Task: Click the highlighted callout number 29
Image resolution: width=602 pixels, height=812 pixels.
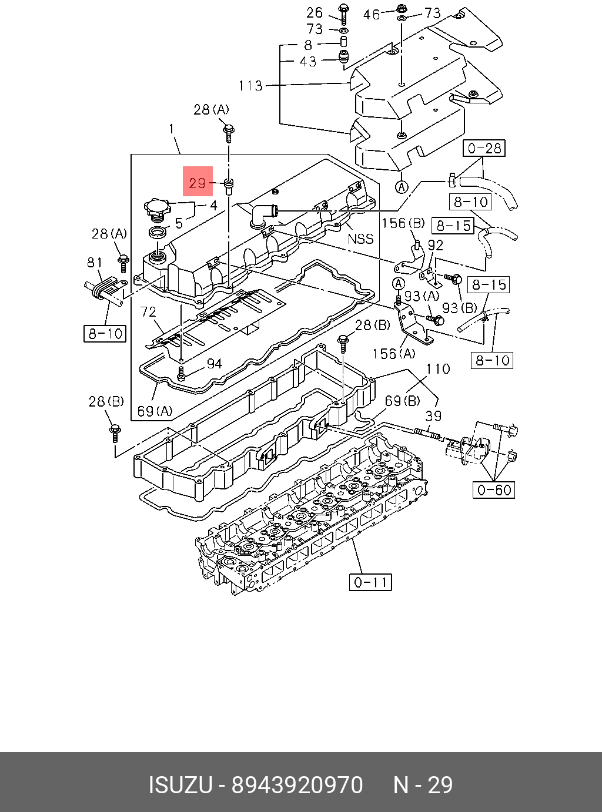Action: (198, 183)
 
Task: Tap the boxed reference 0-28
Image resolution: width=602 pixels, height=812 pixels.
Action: (484, 148)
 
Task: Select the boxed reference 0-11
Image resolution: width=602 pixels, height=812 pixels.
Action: (370, 582)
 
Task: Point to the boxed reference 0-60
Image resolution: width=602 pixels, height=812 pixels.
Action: (494, 489)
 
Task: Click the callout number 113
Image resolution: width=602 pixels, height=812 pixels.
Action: (250, 86)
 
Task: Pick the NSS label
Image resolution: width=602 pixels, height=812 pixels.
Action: (360, 239)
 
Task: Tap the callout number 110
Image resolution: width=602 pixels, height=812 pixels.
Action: (438, 369)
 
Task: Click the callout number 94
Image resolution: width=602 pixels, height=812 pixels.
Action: (215, 364)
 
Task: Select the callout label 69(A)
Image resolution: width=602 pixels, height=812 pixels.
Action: (155, 411)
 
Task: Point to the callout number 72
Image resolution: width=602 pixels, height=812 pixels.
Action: (148, 312)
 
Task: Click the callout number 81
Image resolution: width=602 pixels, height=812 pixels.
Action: (95, 263)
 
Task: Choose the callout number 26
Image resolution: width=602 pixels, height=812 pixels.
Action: (315, 13)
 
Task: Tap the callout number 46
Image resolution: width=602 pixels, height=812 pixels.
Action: (371, 14)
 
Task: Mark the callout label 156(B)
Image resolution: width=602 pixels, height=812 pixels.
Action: (403, 223)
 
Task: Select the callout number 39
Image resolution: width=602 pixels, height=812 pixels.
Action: (433, 416)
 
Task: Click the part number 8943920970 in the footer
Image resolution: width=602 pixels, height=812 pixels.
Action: (297, 785)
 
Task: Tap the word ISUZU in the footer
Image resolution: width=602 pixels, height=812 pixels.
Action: (180, 785)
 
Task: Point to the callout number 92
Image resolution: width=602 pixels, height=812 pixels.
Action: (436, 245)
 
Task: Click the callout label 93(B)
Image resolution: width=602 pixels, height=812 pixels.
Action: (459, 308)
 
